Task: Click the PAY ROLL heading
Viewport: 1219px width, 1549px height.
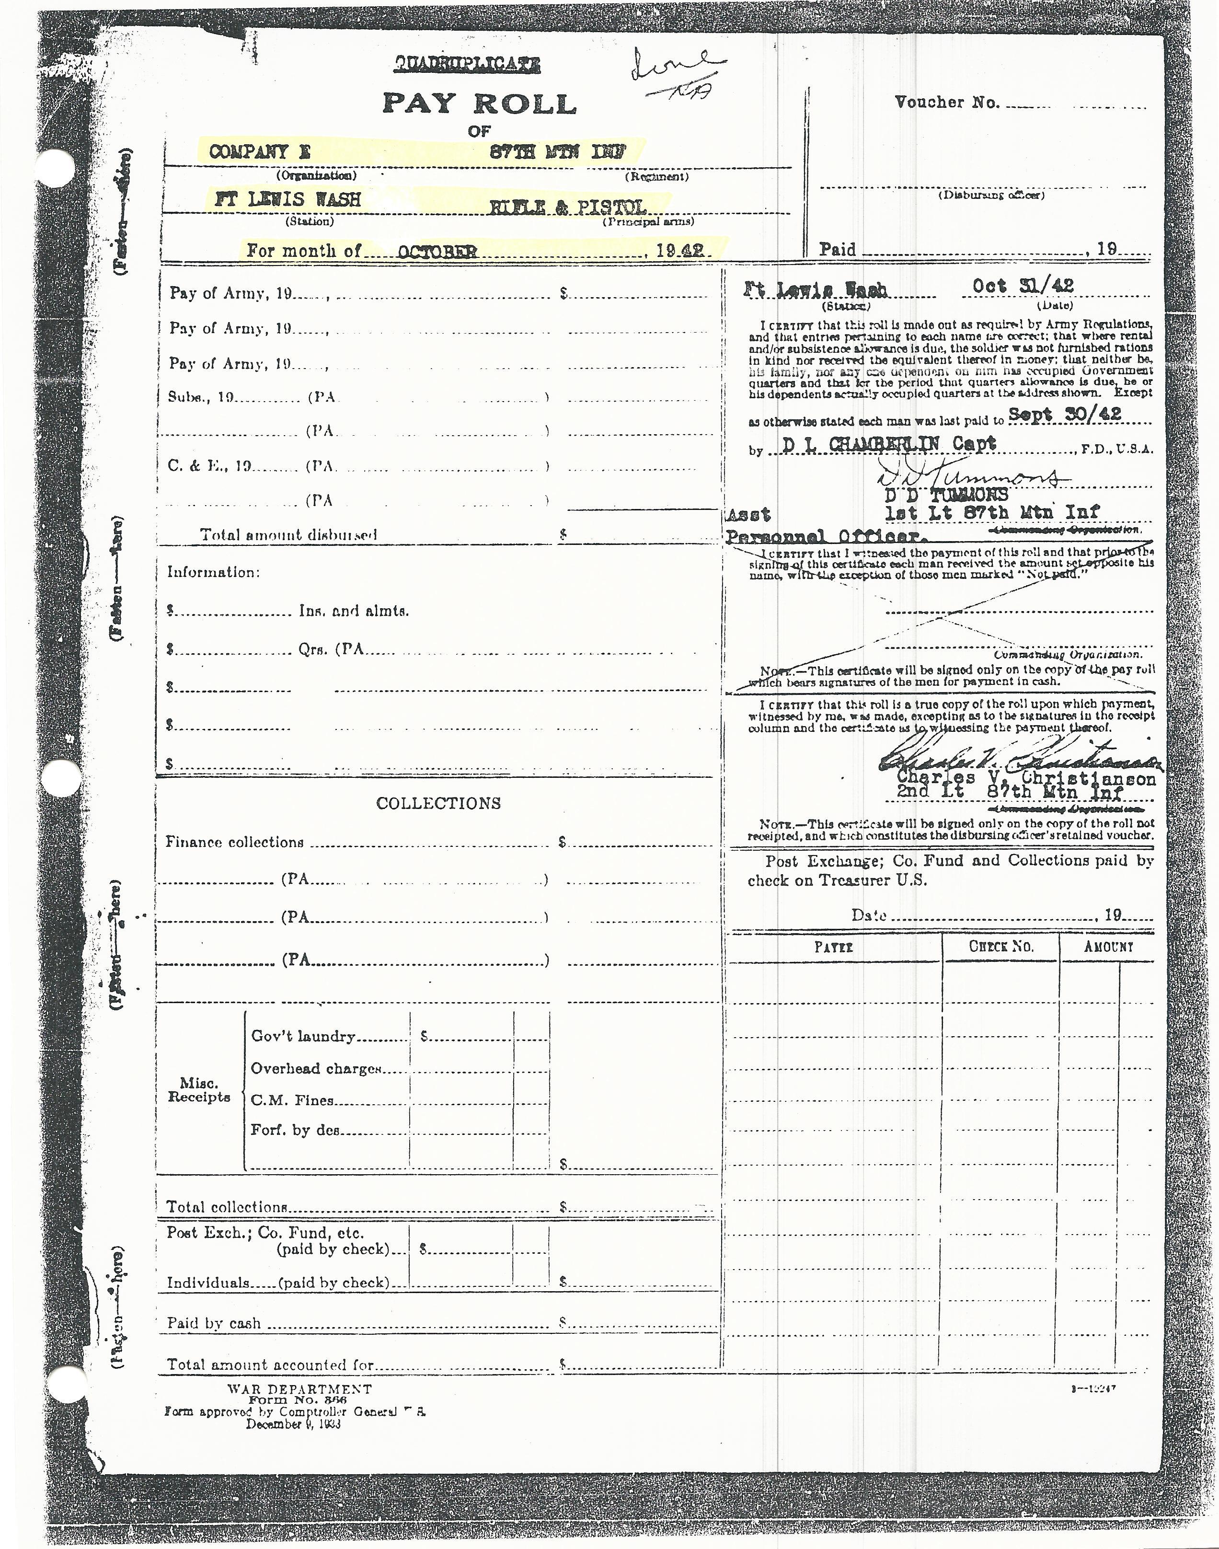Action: (479, 104)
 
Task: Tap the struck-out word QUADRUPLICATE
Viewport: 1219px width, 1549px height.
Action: (468, 66)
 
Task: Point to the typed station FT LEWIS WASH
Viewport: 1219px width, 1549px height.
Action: (287, 200)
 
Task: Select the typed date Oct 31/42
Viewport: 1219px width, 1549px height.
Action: (1023, 286)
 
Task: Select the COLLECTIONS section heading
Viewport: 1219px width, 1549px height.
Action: (438, 803)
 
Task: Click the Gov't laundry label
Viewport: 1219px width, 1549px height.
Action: (303, 1037)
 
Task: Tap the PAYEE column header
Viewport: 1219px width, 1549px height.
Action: (834, 947)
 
